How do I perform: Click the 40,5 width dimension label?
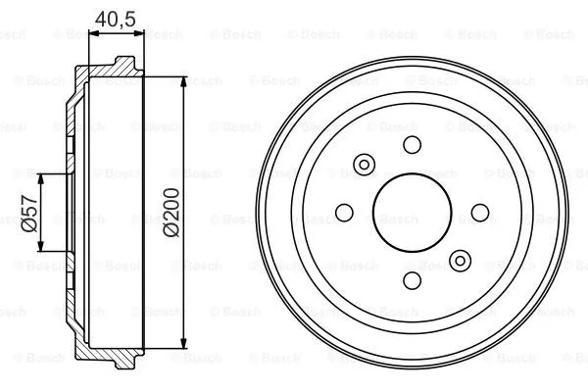(117, 17)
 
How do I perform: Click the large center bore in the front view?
(412, 212)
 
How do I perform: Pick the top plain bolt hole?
(412, 145)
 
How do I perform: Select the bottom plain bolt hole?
(412, 278)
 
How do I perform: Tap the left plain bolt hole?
(345, 212)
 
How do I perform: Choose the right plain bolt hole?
(479, 212)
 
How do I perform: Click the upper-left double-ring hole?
(365, 164)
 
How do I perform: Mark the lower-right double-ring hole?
(459, 260)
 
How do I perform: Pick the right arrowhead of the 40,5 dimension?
(139, 34)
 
